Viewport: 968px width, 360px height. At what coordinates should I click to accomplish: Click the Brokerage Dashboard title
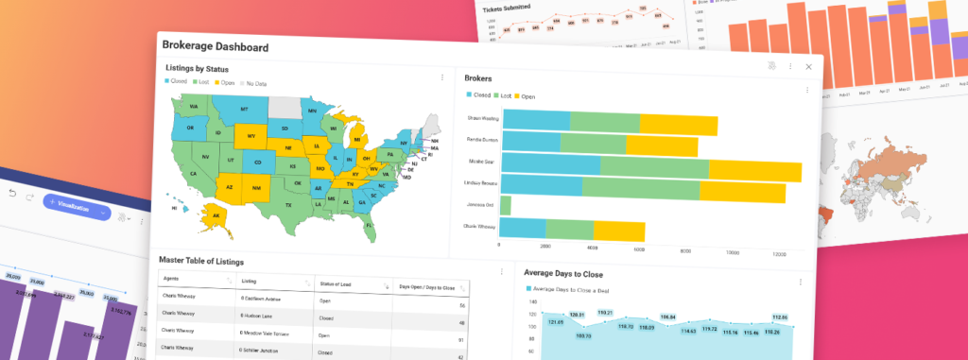pyautogui.click(x=215, y=46)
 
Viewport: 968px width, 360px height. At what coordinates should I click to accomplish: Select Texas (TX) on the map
pyautogui.click(x=289, y=204)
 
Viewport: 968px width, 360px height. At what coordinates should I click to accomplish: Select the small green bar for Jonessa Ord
pyautogui.click(x=506, y=205)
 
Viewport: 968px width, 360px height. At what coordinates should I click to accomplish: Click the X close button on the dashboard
pyautogui.click(x=808, y=67)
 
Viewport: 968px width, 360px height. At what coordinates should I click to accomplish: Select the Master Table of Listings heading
pyautogui.click(x=201, y=261)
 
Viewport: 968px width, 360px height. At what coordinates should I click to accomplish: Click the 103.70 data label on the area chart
pyautogui.click(x=583, y=334)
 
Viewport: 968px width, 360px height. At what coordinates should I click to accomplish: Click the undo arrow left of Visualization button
pyautogui.click(x=12, y=194)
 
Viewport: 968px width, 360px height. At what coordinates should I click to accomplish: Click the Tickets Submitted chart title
pyautogui.click(x=506, y=9)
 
